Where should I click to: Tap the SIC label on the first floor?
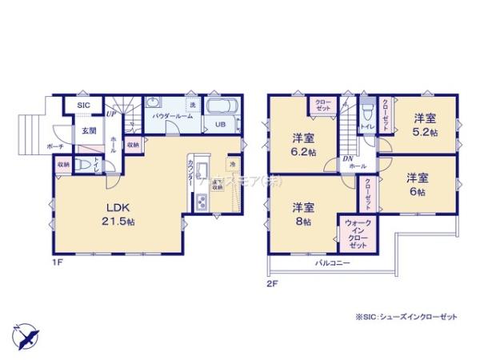pos(82,105)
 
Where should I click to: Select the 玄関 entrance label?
pos(87,131)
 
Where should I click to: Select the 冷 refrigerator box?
pos(231,165)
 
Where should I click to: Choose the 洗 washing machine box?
pos(192,105)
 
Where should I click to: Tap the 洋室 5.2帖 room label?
pos(425,126)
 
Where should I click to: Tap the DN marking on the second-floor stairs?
pos(348,158)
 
